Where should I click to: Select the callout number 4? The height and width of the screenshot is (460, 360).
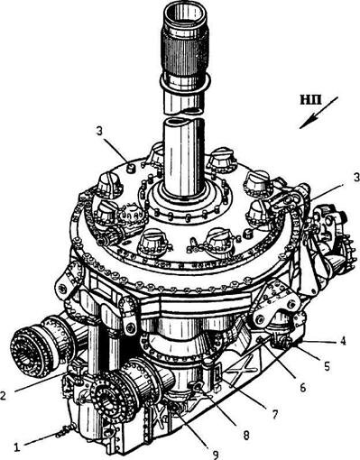pyautogui.click(x=342, y=342)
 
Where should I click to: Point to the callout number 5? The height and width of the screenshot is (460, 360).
pyautogui.click(x=327, y=365)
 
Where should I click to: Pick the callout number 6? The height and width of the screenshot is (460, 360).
pyautogui.click(x=302, y=387)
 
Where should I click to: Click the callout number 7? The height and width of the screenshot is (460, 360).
pyautogui.click(x=274, y=414)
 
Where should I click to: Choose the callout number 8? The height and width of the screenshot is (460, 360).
pyautogui.click(x=246, y=435)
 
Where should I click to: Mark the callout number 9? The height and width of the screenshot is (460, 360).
pyautogui.click(x=216, y=453)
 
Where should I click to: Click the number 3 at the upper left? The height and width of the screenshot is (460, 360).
pyautogui.click(x=99, y=133)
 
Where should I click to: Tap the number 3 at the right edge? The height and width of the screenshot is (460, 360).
pyautogui.click(x=356, y=178)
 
